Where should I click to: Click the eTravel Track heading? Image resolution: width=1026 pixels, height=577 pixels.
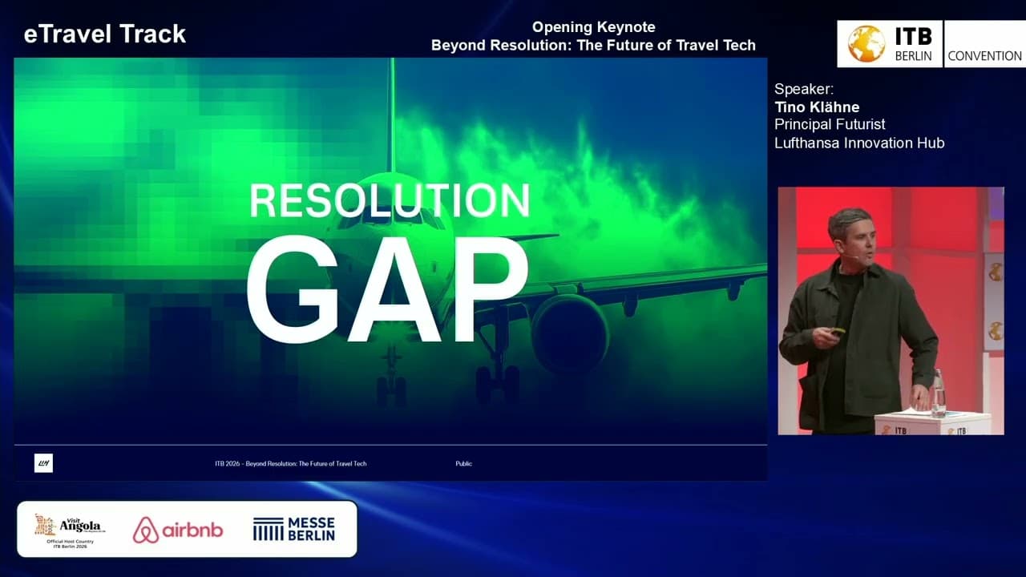point(105,34)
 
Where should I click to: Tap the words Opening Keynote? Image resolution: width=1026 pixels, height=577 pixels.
point(594,27)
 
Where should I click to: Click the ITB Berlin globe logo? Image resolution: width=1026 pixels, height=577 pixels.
point(866,44)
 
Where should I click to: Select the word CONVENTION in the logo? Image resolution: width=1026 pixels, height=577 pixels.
point(984,56)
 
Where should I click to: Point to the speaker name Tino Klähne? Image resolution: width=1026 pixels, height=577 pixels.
point(817,107)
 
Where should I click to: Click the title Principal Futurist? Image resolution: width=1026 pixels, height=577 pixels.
point(830,124)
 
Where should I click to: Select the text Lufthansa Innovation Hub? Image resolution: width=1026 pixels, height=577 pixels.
point(859,143)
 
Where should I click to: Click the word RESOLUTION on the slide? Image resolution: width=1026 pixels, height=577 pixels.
point(390,201)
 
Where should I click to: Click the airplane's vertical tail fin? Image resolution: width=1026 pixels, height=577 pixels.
point(392,112)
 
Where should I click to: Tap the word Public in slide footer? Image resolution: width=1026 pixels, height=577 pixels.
point(463,463)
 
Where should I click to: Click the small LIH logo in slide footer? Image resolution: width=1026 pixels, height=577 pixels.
point(43,463)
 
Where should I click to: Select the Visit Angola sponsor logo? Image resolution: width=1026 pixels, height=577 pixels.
point(69,528)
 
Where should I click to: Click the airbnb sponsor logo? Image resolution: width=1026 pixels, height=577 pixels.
point(178,530)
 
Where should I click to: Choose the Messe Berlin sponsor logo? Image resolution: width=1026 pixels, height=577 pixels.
point(294,529)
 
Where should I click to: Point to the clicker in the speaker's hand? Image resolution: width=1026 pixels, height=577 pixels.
point(838,330)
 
